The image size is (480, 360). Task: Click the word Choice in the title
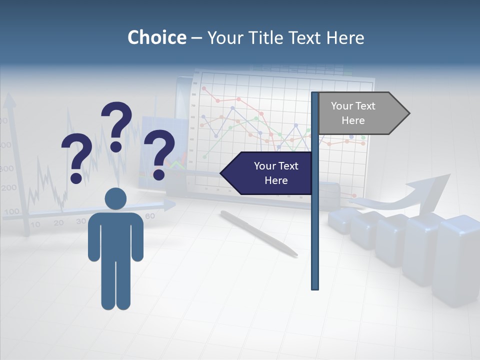click(156, 37)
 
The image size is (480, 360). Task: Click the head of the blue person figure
click(115, 198)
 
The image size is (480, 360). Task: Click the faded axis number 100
click(11, 211)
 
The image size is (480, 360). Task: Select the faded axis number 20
click(58, 222)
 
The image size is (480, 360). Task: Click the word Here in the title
click(345, 37)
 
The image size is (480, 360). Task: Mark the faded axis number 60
click(149, 216)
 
